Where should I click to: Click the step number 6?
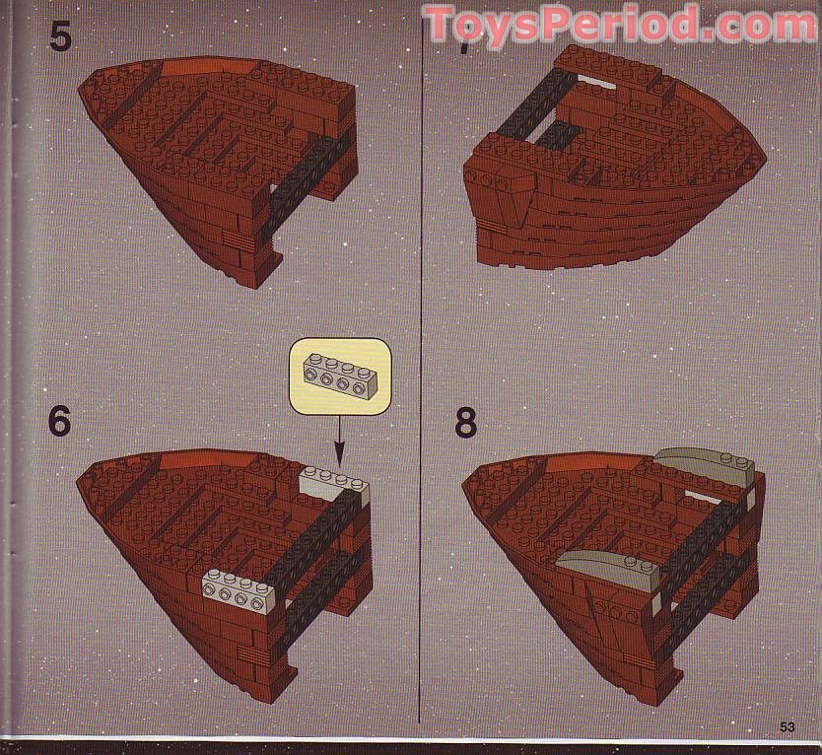[x=60, y=421]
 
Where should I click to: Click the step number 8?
[x=466, y=421]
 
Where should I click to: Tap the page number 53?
[x=787, y=727]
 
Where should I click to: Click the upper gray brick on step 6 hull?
[x=333, y=484]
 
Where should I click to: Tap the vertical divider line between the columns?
[x=422, y=375]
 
